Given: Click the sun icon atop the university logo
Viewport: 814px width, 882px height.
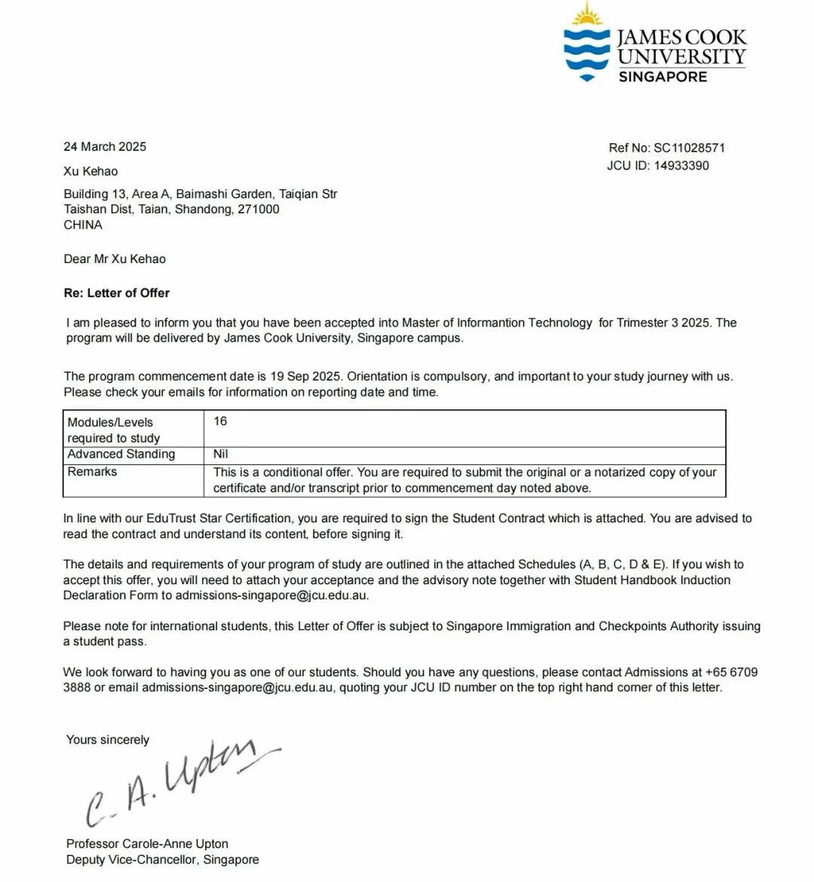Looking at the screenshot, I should pyautogui.click(x=587, y=15).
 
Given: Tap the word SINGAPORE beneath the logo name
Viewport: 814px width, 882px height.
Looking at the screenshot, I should pyautogui.click(x=663, y=77).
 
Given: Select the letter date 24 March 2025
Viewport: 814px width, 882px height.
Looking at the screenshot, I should pyautogui.click(x=105, y=147).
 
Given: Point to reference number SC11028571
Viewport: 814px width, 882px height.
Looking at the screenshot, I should pyautogui.click(x=689, y=148).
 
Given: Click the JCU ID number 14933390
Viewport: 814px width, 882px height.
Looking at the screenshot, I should pyautogui.click(x=681, y=166).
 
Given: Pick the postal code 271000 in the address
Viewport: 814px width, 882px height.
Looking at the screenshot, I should pyautogui.click(x=259, y=210).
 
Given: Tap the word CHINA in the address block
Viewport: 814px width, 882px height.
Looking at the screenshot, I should pyautogui.click(x=83, y=225).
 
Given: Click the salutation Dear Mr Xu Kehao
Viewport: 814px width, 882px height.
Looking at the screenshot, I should pyautogui.click(x=115, y=259).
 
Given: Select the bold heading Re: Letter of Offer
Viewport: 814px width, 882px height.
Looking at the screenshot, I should pyautogui.click(x=117, y=293).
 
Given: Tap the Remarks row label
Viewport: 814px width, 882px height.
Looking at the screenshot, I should pyautogui.click(x=92, y=472).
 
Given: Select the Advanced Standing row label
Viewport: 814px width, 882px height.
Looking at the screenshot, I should pyautogui.click(x=121, y=455).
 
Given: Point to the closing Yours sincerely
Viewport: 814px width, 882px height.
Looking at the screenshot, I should pyautogui.click(x=108, y=740).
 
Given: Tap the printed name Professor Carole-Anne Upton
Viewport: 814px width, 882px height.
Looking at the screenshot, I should pyautogui.click(x=147, y=844).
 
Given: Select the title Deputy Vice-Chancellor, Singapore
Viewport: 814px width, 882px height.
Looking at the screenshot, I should pyautogui.click(x=162, y=860).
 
